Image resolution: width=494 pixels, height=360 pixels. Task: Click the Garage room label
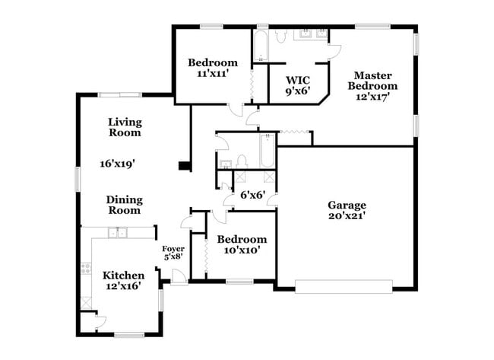347,205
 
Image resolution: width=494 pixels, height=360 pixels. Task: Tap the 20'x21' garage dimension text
347,215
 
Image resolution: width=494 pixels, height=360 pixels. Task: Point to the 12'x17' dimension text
372,97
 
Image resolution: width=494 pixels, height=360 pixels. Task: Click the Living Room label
125,126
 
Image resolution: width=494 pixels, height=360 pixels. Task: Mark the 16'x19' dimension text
117,163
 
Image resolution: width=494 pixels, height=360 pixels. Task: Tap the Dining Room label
125,205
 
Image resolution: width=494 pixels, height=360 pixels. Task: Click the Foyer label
173,249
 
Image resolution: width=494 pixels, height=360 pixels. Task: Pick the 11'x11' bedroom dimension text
213,74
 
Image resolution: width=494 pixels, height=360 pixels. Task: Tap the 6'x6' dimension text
252,195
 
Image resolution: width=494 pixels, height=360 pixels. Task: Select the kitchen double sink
118,233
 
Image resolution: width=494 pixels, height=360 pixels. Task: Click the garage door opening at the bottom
344,287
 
